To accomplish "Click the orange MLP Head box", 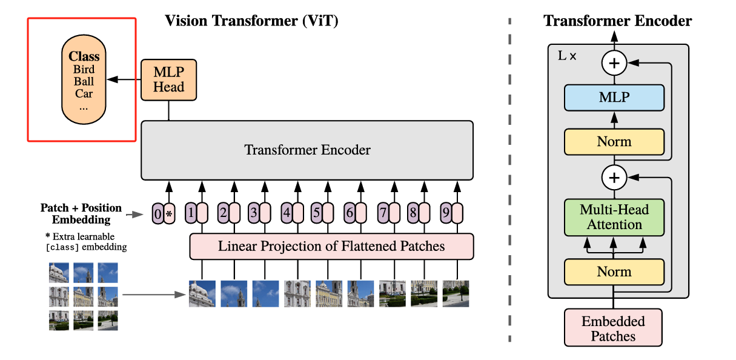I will [168, 79].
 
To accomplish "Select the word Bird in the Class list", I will [84, 69].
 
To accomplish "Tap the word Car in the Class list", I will [84, 93].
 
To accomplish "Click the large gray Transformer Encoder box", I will [307, 150].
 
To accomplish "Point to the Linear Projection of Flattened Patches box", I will [331, 246].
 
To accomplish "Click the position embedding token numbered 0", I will [157, 213].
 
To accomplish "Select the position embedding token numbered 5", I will [316, 213].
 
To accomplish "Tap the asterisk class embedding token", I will [169, 213].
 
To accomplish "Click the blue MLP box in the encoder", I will [614, 98].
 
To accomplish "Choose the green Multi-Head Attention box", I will [614, 217].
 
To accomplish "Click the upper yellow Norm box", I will [614, 142].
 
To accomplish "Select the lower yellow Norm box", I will [614, 272].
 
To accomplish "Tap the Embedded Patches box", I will [614, 328].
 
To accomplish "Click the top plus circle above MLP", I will [614, 62].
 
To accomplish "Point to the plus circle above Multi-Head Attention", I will [614, 178].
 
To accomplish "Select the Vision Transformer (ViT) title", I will [251, 21].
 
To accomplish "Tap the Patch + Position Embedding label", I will [81, 213].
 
